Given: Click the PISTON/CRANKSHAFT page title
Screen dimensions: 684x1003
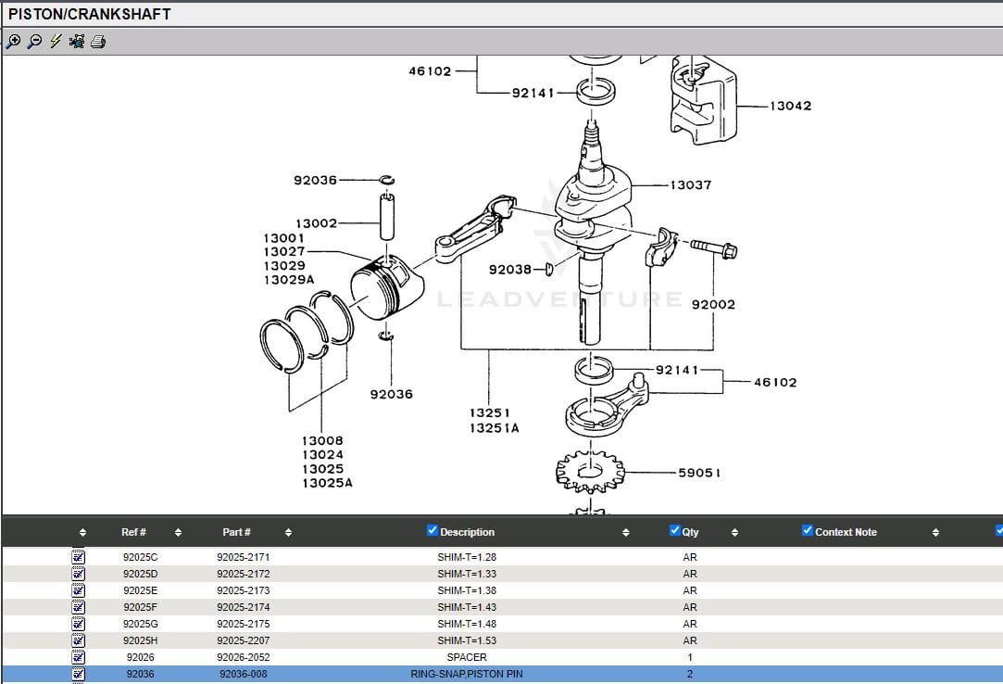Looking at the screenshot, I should pyautogui.click(x=90, y=14).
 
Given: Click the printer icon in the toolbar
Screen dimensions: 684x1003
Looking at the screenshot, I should pyautogui.click(x=98, y=42).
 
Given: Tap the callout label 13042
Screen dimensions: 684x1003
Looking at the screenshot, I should pyautogui.click(x=790, y=106).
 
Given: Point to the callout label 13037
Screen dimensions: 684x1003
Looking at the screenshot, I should pyautogui.click(x=690, y=185).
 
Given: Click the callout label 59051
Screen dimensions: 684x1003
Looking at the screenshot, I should pyautogui.click(x=699, y=473).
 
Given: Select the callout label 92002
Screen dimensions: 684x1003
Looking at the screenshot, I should pyautogui.click(x=713, y=304).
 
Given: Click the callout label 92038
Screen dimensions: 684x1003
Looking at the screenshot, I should pyautogui.click(x=510, y=270).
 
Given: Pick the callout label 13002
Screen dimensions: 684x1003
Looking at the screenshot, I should pyautogui.click(x=316, y=223).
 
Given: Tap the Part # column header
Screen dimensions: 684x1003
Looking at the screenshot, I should pyautogui.click(x=236, y=532).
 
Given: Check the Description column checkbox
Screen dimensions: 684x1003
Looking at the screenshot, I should pyautogui.click(x=433, y=530).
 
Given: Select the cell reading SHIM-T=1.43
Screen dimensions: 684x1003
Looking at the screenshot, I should pyautogui.click(x=467, y=607).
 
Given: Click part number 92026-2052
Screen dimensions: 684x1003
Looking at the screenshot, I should pyautogui.click(x=243, y=657).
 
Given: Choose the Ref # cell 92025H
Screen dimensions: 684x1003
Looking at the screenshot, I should pyautogui.click(x=140, y=640).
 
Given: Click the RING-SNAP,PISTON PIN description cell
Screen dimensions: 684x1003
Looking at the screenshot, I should pyautogui.click(x=467, y=674).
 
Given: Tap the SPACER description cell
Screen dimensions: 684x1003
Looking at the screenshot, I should pyautogui.click(x=467, y=657).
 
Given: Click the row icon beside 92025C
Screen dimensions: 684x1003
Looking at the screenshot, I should pyautogui.click(x=79, y=557).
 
